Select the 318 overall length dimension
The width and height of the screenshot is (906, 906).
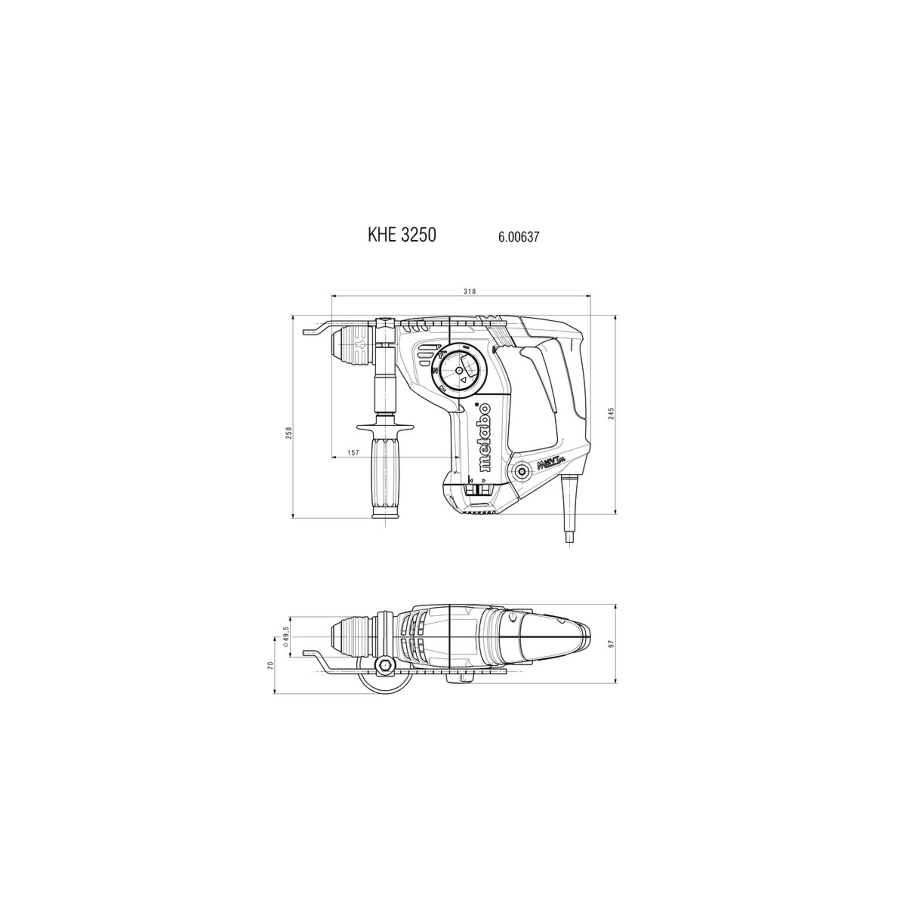[x=470, y=292]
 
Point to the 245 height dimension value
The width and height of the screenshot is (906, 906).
[x=611, y=413]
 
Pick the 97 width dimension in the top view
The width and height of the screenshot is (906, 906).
[x=611, y=644]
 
